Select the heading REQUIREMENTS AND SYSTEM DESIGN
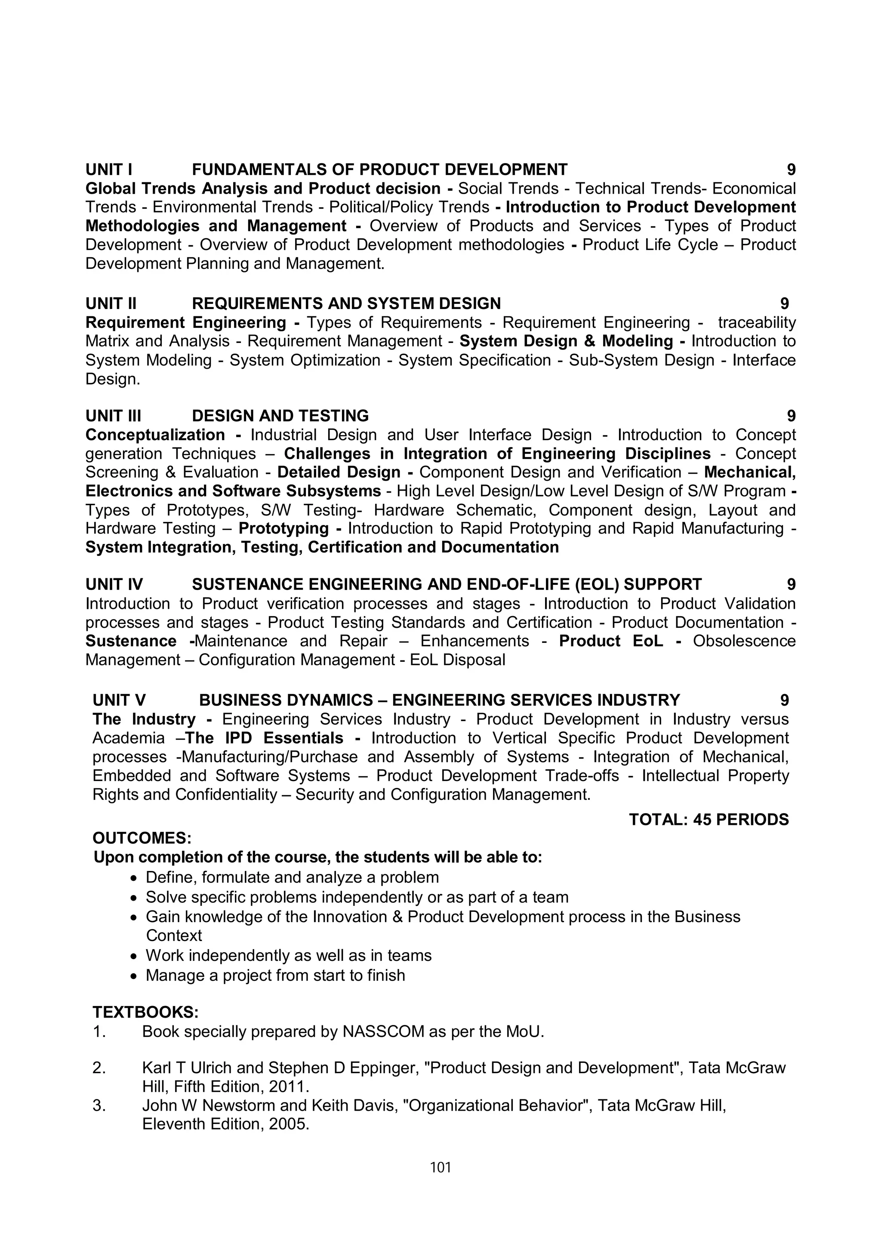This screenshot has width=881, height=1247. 346,304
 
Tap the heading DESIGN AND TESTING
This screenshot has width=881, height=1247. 280,416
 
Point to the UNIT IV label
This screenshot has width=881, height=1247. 114,584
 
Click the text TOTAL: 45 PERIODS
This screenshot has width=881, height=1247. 708,820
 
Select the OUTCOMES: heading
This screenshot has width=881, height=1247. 142,838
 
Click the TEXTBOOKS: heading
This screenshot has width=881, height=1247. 145,1012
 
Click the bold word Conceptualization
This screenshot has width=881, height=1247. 155,435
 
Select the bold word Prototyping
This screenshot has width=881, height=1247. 283,528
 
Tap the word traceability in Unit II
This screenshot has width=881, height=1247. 757,323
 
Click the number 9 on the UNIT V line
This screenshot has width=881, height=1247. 784,700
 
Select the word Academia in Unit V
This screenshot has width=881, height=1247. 128,738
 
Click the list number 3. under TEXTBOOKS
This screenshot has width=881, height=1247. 99,1105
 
